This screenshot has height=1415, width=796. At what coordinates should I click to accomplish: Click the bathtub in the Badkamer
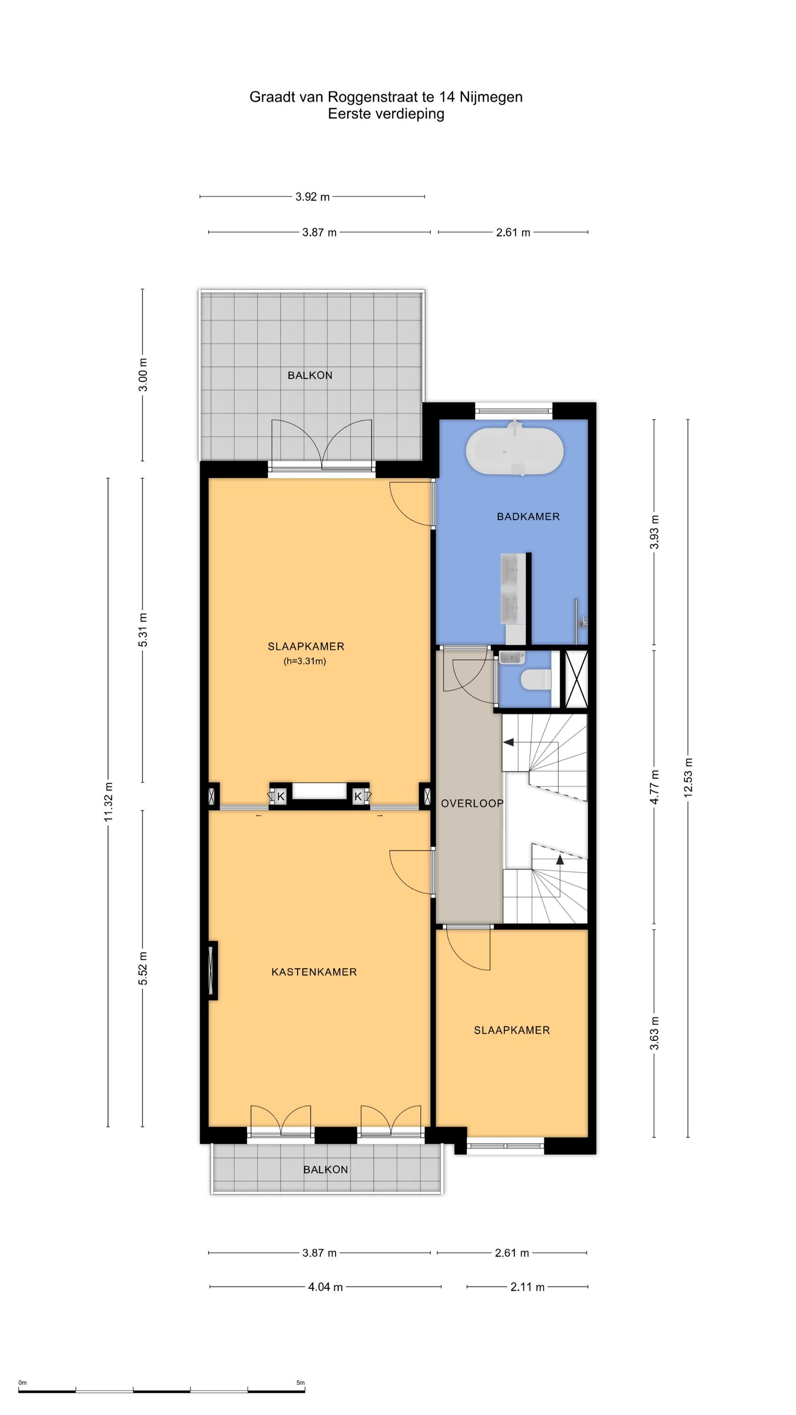[514, 450]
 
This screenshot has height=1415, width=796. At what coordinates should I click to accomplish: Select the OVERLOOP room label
[472, 803]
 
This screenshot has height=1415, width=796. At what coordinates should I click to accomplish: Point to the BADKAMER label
[528, 516]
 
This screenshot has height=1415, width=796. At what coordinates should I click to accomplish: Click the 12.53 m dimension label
[688, 777]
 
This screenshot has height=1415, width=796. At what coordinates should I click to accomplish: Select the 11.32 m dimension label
[108, 802]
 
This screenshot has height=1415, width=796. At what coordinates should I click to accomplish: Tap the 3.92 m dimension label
[313, 197]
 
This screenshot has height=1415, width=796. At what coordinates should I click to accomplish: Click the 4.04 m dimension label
[325, 1286]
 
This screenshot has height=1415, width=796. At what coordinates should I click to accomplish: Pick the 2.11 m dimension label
[527, 1286]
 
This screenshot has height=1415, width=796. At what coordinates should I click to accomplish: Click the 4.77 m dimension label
[654, 787]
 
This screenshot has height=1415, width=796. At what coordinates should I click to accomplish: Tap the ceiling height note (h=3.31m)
[305, 661]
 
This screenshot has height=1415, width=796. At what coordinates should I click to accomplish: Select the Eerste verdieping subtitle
[386, 114]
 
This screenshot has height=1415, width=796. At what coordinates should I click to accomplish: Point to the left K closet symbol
[281, 796]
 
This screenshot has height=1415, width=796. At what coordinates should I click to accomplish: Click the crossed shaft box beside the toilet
[576, 678]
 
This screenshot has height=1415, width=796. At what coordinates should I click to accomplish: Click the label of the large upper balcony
[310, 375]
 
